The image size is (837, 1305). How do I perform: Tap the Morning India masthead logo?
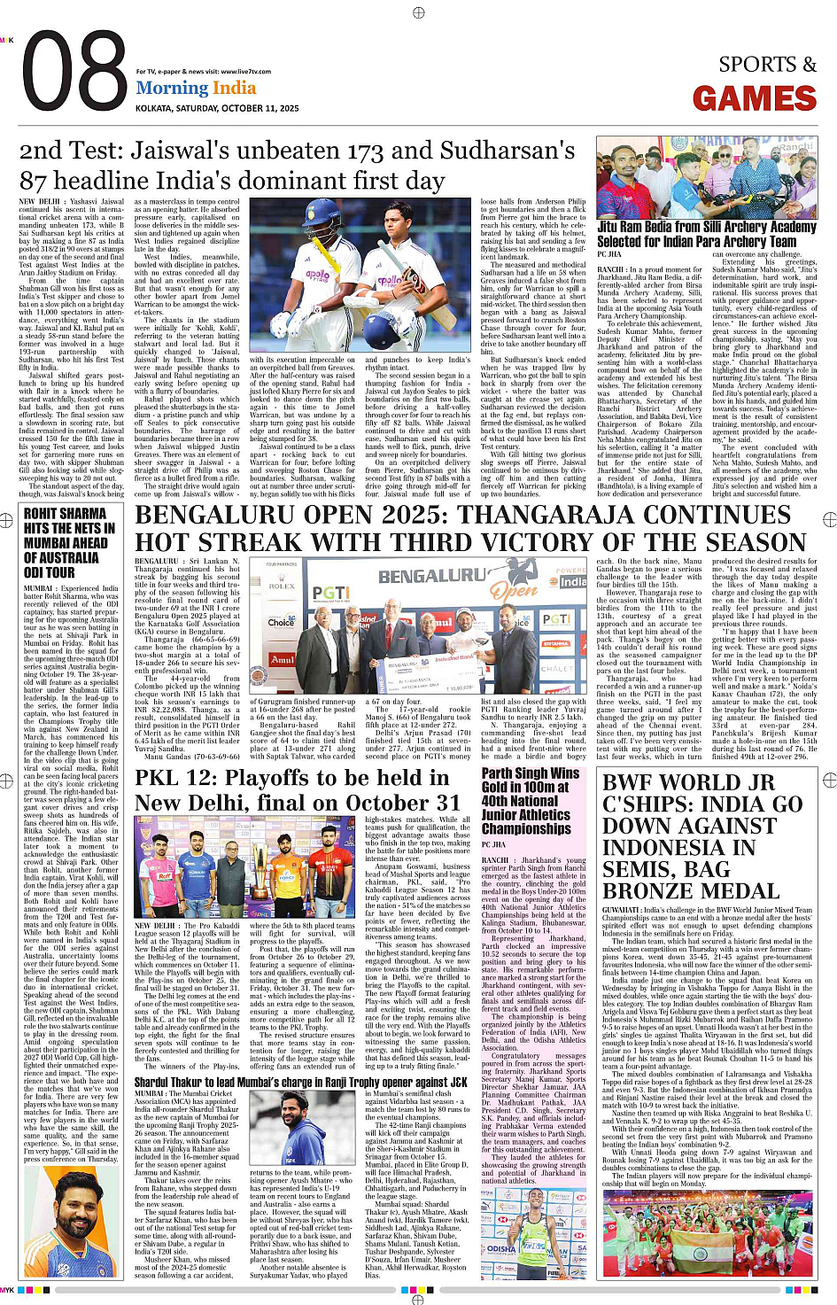[196, 88]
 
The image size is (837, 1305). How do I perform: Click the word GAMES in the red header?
[755, 98]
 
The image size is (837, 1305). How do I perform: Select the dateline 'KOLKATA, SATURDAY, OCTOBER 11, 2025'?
[205, 107]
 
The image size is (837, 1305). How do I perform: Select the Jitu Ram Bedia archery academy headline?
[707, 234]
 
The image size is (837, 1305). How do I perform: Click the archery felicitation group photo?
[707, 176]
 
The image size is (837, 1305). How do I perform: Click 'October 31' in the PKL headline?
[412, 803]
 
